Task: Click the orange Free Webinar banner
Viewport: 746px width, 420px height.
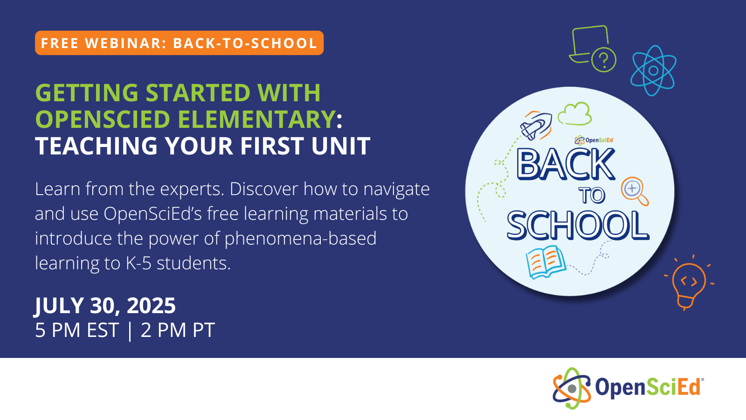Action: point(179,43)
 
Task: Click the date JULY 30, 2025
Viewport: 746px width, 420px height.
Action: point(105,306)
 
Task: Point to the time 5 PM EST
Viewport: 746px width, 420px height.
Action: point(77,330)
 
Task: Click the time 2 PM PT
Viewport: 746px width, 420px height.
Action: point(178,330)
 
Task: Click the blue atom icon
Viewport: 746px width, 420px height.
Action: point(653,70)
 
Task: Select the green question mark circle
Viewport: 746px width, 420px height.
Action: point(604,60)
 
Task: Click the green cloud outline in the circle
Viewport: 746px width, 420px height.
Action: point(575,114)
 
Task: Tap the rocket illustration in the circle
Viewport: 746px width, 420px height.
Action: point(536,125)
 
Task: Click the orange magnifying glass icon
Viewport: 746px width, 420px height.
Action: point(635,191)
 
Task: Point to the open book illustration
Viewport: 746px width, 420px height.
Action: point(545,262)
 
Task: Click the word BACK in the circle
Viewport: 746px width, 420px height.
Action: point(566,164)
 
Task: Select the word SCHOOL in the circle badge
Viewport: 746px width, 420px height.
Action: point(578,225)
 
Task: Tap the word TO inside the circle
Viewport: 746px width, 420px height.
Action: point(592,196)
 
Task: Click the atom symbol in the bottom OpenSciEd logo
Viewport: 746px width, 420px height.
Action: point(571,388)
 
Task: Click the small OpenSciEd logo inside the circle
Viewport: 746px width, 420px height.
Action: point(594,140)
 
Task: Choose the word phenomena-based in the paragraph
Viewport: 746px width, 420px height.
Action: point(300,239)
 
